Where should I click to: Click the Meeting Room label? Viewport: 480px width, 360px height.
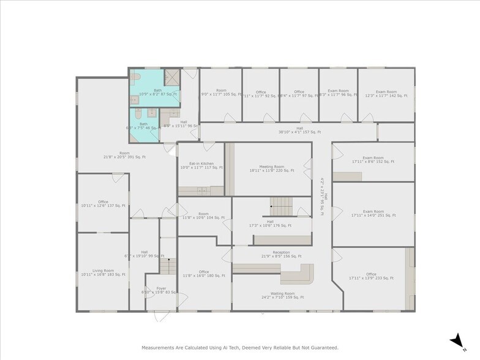(x=266, y=167)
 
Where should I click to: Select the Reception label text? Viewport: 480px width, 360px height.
(x=281, y=252)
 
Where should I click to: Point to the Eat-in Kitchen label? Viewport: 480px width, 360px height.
(x=201, y=163)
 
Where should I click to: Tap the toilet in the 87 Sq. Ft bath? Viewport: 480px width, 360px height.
(x=136, y=77)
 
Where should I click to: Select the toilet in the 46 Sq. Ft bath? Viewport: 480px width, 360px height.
(x=136, y=114)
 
